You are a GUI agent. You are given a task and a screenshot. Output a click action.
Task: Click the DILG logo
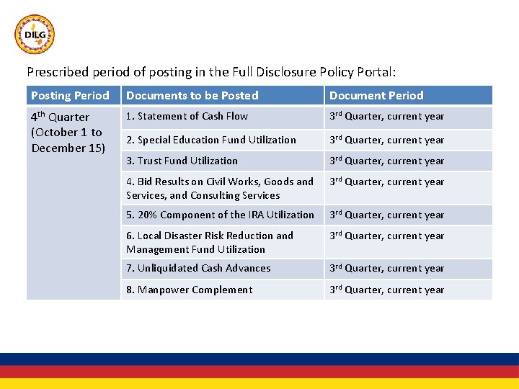click(x=35, y=35)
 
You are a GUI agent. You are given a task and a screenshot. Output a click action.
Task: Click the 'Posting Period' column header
click(x=70, y=95)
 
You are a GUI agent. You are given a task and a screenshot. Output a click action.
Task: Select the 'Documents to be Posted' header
click(x=192, y=95)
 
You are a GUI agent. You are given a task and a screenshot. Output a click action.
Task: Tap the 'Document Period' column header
click(x=376, y=95)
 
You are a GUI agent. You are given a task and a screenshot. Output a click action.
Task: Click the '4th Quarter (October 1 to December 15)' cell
click(x=68, y=133)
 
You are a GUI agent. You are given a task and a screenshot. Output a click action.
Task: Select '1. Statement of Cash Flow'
click(x=187, y=116)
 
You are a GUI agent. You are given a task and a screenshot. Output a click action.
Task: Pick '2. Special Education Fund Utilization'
click(x=210, y=140)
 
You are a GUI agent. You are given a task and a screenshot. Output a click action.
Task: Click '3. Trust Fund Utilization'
click(x=182, y=161)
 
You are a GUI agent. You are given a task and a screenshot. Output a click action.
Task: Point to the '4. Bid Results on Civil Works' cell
click(x=220, y=188)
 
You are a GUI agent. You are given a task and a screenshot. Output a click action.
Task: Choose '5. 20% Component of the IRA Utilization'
click(x=220, y=215)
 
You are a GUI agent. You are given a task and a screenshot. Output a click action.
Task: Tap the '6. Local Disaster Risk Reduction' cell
click(x=210, y=242)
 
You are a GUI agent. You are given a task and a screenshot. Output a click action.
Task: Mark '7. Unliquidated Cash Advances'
click(x=198, y=268)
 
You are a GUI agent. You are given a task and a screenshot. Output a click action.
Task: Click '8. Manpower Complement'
click(x=189, y=290)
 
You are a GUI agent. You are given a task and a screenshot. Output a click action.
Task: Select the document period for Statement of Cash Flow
click(x=386, y=116)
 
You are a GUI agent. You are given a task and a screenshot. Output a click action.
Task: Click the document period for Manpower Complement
click(x=386, y=290)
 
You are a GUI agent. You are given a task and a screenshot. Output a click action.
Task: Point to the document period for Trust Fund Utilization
click(x=386, y=161)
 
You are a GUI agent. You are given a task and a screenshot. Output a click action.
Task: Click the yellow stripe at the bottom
click(x=259, y=384)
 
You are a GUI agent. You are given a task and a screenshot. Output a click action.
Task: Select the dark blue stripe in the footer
click(x=259, y=359)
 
